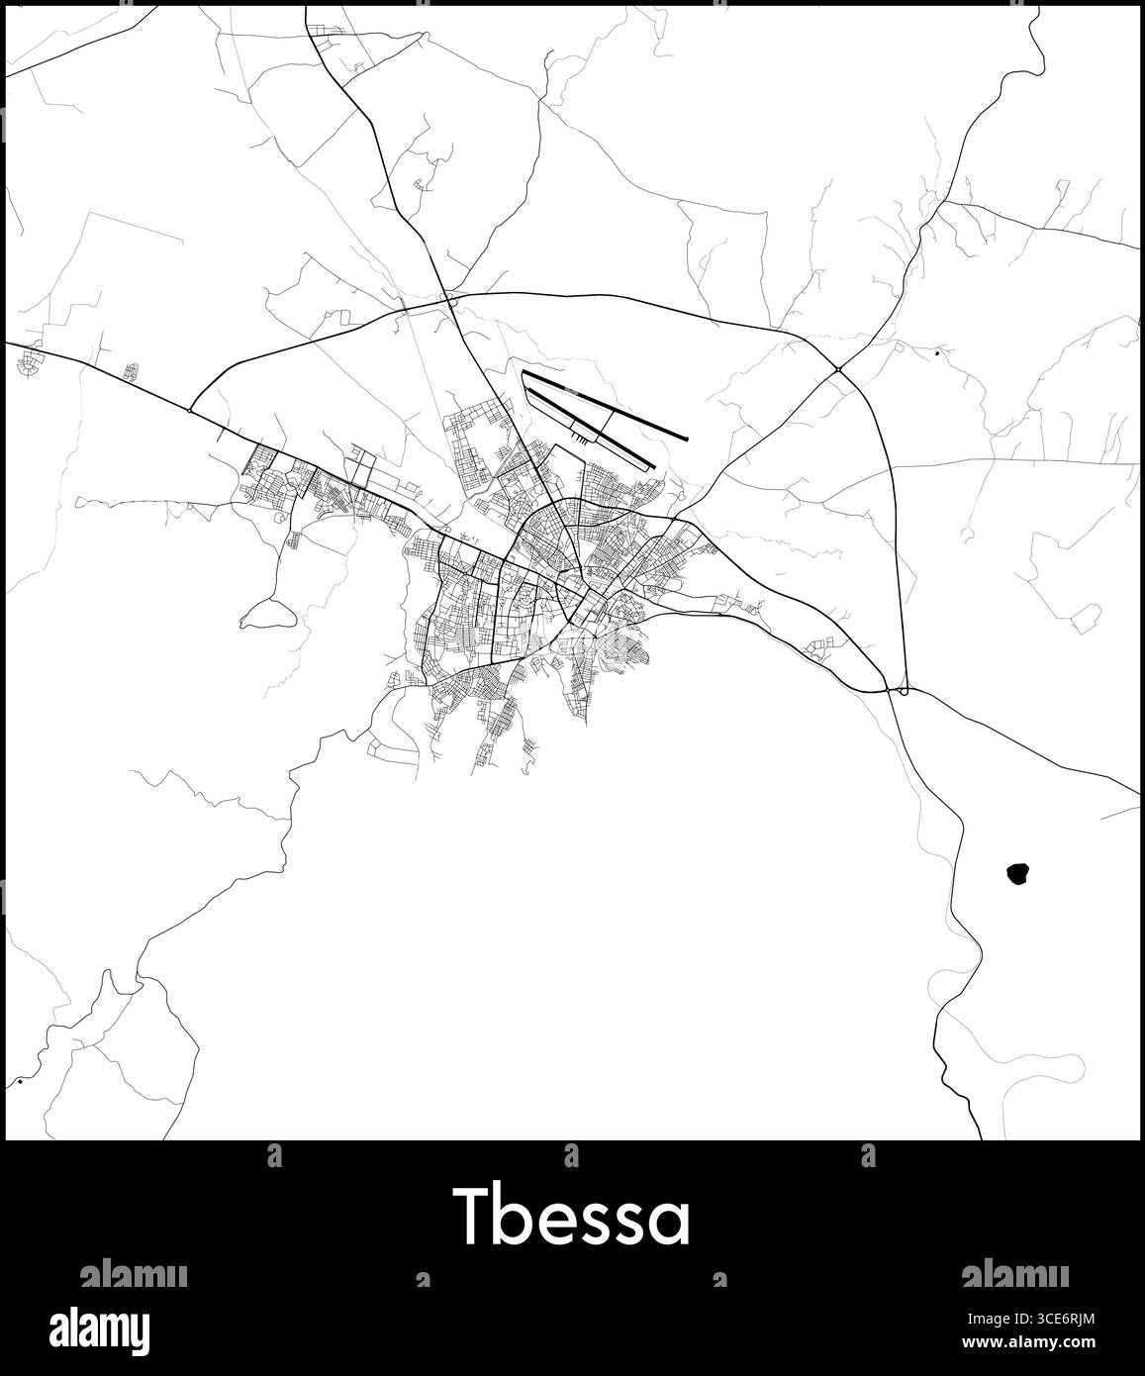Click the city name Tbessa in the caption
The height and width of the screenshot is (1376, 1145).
pyautogui.click(x=572, y=1219)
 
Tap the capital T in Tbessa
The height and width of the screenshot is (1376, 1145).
pyautogui.click(x=472, y=1219)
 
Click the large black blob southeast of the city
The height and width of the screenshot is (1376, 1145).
pyautogui.click(x=1016, y=874)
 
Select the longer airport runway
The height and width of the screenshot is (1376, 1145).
pyautogui.click(x=604, y=405)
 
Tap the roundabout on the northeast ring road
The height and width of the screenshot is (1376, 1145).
pyautogui.click(x=838, y=369)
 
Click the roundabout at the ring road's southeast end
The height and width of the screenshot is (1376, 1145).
pyautogui.click(x=904, y=690)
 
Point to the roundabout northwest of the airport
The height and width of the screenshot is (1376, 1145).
pyautogui.click(x=448, y=296)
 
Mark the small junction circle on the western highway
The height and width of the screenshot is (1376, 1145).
pyautogui.click(x=189, y=408)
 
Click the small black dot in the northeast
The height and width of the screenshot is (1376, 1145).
pyautogui.click(x=936, y=352)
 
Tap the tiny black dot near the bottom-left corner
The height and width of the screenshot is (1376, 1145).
pyautogui.click(x=20, y=1082)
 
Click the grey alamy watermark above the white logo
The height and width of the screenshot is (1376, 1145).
pyautogui.click(x=133, y=1273)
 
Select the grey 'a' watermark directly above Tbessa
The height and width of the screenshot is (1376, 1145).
pyautogui.click(x=571, y=1154)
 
